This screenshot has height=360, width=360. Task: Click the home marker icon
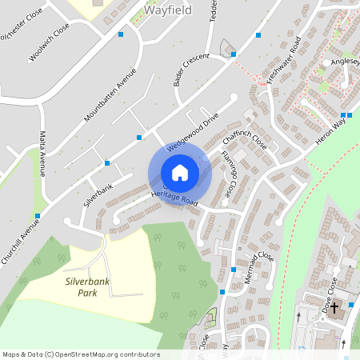pyautogui.click(x=180, y=173)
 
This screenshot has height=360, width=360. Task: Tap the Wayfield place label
pyautogui.click(x=170, y=11)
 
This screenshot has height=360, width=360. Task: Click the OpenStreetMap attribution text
pyautogui.click(x=80, y=354)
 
